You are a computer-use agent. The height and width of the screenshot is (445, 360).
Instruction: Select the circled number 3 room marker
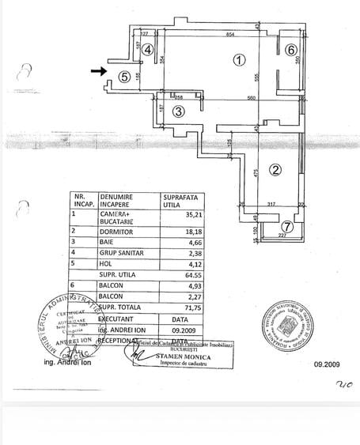(179, 112)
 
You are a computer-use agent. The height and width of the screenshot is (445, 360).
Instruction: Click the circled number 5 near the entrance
(124, 77)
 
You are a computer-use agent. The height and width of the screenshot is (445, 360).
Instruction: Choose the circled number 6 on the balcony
(291, 50)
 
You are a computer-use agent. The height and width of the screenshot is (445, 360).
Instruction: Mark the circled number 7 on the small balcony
(287, 228)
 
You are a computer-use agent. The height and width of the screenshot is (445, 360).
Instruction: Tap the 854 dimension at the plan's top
(229, 35)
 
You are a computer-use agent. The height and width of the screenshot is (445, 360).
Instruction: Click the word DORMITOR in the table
(116, 232)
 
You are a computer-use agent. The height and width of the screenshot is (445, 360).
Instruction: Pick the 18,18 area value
(172, 232)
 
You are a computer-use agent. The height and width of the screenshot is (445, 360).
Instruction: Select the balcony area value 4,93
(172, 286)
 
